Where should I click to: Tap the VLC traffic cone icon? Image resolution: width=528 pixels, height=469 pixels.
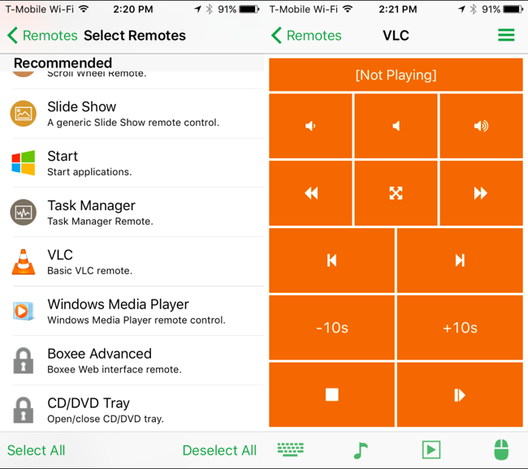(24, 262)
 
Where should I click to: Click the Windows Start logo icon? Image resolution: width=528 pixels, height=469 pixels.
(24, 163)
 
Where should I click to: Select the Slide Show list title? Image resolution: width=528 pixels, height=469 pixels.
(81, 107)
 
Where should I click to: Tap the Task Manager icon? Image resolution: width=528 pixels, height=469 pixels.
(24, 213)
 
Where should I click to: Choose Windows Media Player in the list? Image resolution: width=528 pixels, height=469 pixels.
(118, 304)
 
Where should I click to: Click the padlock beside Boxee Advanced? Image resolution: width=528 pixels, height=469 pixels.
(24, 361)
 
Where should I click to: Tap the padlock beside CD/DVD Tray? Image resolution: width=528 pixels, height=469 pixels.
(24, 410)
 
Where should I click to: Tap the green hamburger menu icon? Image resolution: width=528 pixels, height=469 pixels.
(506, 35)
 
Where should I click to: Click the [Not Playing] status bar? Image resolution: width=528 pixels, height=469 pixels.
(396, 75)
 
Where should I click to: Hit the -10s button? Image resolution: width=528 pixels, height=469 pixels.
(331, 328)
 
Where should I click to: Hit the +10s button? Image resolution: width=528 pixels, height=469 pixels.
(460, 328)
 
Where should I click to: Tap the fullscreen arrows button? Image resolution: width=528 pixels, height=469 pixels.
(396, 193)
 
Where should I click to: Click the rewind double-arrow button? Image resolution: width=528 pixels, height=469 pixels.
(310, 193)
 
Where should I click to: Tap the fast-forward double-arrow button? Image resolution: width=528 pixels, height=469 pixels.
(481, 193)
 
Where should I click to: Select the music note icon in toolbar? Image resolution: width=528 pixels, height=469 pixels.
(361, 450)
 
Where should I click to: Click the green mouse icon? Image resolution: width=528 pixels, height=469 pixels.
(501, 450)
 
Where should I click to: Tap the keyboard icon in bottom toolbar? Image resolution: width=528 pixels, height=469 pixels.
(290, 450)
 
